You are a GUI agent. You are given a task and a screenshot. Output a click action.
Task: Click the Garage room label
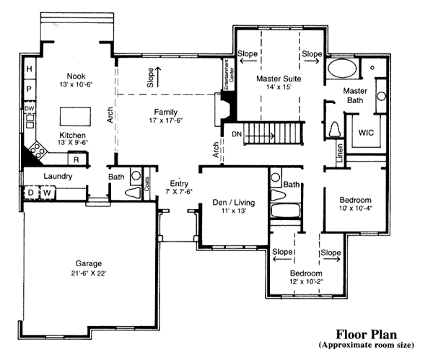pos(88,263)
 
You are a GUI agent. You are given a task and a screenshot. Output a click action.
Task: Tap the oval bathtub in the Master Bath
pos(342,69)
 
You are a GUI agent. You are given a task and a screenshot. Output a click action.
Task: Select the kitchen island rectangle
pos(75,116)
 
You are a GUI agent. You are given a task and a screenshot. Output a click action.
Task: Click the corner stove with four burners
pos(38,151)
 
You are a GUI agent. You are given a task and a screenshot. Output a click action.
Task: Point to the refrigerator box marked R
pos(76,159)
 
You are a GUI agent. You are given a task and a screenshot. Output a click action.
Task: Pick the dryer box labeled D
pos(30,193)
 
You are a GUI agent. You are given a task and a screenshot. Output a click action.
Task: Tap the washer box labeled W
pos(47,193)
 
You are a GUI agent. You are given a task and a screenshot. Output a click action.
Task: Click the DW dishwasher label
pos(30,108)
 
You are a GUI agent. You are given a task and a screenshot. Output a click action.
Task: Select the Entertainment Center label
pos(229,74)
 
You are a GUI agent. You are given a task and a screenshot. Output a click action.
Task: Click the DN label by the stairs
pos(237,134)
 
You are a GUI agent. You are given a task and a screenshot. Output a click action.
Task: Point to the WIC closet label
pos(366,133)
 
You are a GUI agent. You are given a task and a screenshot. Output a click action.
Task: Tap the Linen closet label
pos(340,153)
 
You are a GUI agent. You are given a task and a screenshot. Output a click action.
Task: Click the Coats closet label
pos(146,183)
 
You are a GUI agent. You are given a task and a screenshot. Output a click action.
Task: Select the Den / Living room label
pos(234,202)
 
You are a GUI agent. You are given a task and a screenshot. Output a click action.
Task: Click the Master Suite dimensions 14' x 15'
pos(279,87)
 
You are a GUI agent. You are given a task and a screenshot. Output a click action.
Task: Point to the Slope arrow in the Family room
pos(158,77)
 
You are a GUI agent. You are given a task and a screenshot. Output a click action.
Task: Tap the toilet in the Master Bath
pos(336,129)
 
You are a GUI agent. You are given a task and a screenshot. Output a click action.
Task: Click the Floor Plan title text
pos(366,334)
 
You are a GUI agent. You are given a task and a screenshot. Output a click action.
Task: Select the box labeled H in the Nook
pos(30,69)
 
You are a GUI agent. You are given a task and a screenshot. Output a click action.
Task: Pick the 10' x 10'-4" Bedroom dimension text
pos(355,208)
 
